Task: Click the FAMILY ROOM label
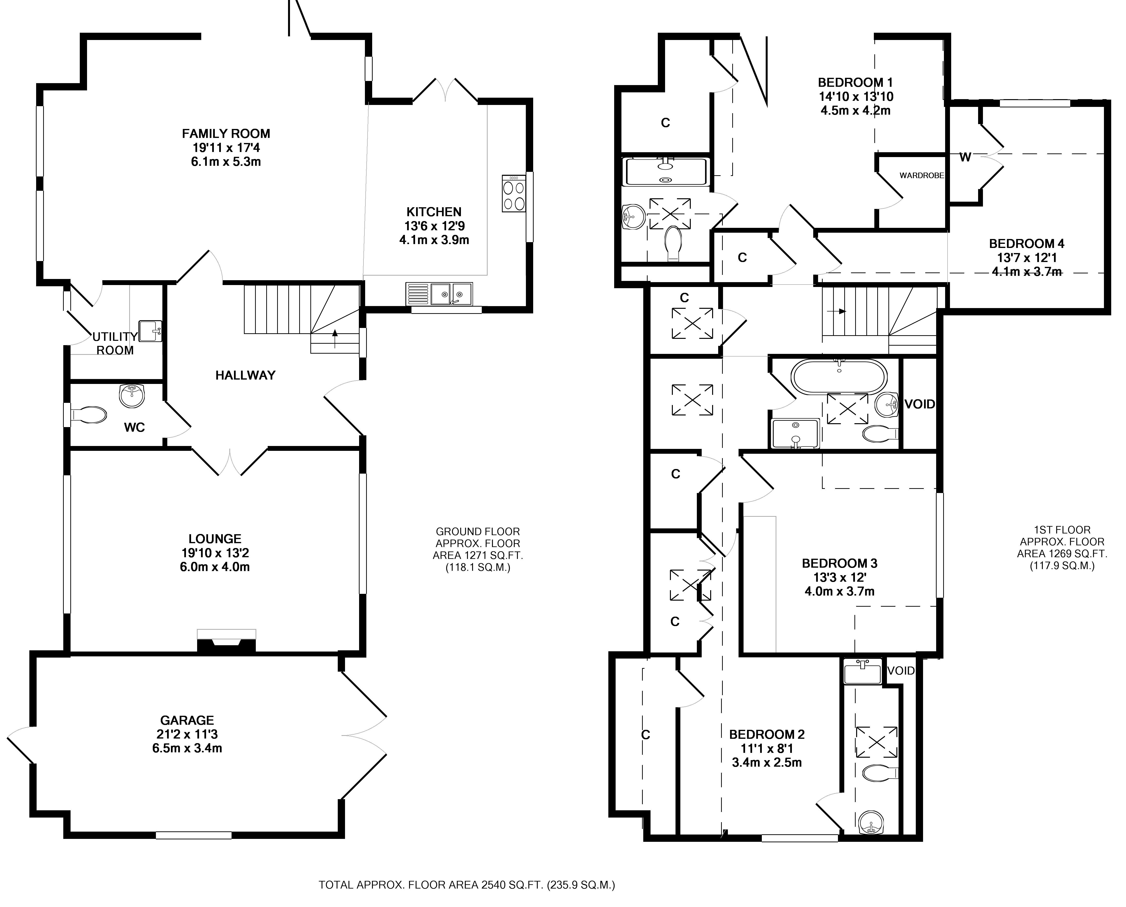point(226,134)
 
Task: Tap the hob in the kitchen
point(514,193)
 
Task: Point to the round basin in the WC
point(132,396)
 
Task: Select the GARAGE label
point(187,720)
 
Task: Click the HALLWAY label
point(245,375)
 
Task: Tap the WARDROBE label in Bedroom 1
point(922,175)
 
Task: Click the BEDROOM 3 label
point(840,563)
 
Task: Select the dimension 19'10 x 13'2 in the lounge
point(215,553)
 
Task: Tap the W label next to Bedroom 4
point(965,157)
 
